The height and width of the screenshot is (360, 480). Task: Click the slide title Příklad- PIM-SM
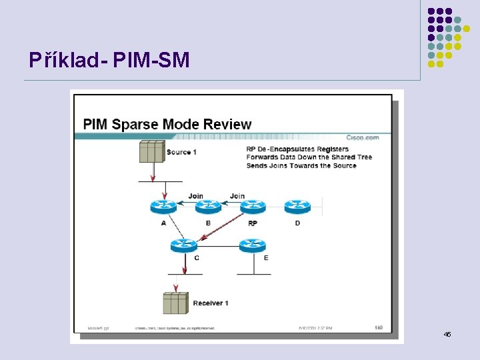[109, 61]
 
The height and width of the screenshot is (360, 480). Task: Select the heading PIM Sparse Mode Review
[167, 124]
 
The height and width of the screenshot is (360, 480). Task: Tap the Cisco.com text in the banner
[362, 137]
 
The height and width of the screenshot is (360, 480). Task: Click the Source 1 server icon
[151, 151]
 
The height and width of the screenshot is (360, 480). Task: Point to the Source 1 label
[181, 152]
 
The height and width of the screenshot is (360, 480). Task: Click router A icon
[163, 207]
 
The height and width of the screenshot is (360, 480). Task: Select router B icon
[208, 207]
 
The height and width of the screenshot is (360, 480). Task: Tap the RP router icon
[253, 207]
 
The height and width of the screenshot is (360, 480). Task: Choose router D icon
[297, 207]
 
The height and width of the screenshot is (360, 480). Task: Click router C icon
[184, 245]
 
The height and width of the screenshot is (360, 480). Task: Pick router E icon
[253, 245]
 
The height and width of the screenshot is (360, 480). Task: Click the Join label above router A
[195, 196]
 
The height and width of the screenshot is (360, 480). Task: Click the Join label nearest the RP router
[237, 196]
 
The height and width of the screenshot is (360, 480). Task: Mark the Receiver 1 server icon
[175, 303]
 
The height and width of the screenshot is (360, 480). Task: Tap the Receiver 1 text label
[211, 303]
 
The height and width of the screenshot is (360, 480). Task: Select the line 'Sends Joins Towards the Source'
[301, 165]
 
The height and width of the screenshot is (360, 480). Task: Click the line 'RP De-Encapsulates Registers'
[297, 149]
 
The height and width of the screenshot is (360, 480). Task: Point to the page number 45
[447, 333]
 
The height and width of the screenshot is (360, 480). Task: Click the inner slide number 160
[379, 327]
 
